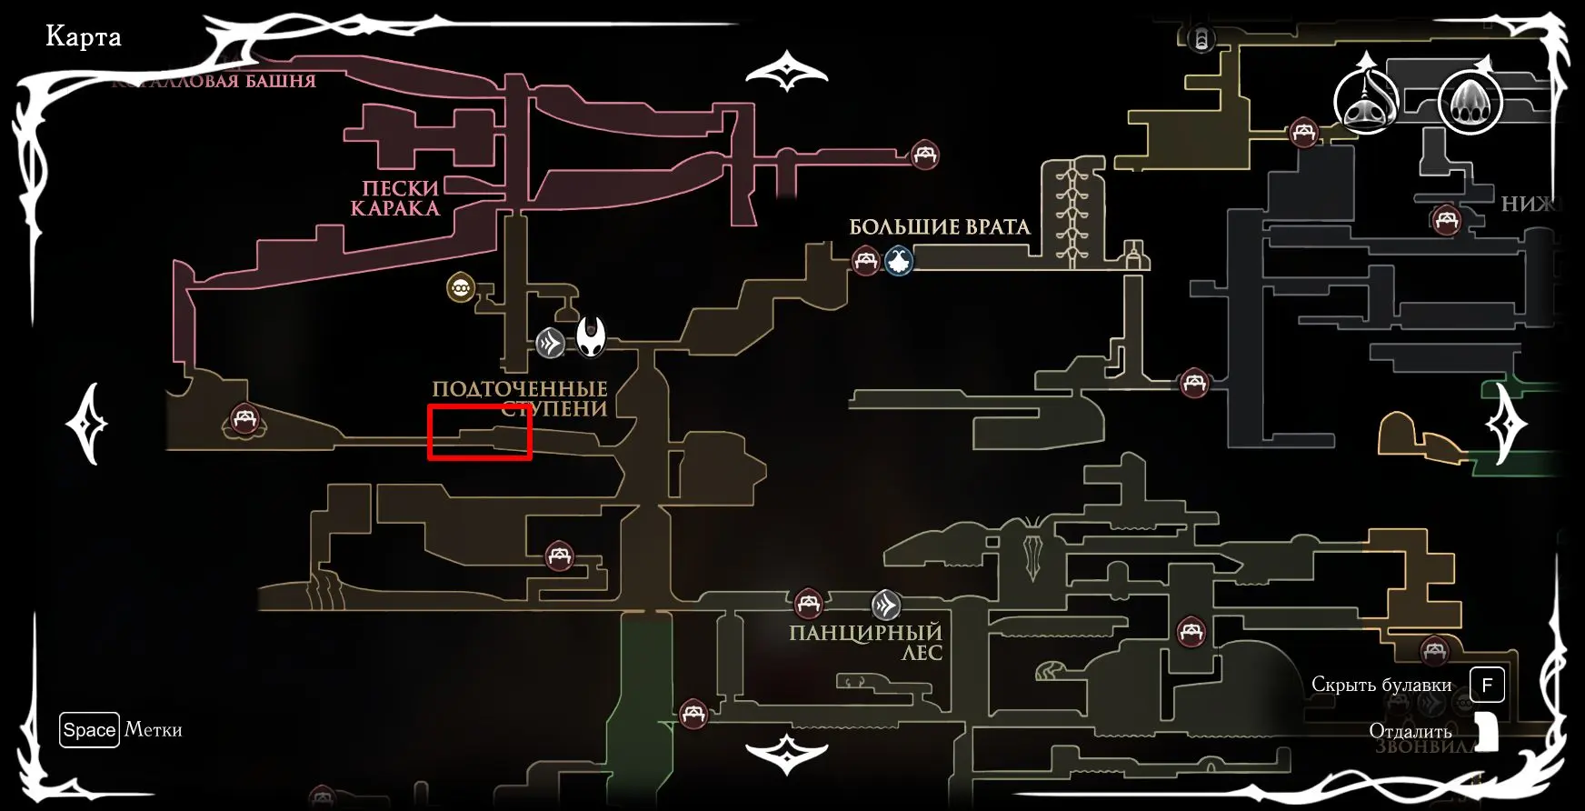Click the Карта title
[83, 37]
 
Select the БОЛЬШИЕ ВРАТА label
[939, 226]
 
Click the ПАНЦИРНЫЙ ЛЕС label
[865, 642]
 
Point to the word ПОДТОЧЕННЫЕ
[519, 389]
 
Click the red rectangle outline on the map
[479, 434]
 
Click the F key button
[1487, 685]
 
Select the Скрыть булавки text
[1381, 685]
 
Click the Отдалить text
[1410, 731]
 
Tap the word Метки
[153, 729]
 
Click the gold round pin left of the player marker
[461, 288]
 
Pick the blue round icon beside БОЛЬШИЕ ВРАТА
[899, 261]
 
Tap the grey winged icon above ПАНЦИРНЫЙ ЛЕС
[886, 605]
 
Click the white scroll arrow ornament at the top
[787, 71]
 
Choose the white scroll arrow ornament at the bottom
[787, 754]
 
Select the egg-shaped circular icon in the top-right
[1470, 102]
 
